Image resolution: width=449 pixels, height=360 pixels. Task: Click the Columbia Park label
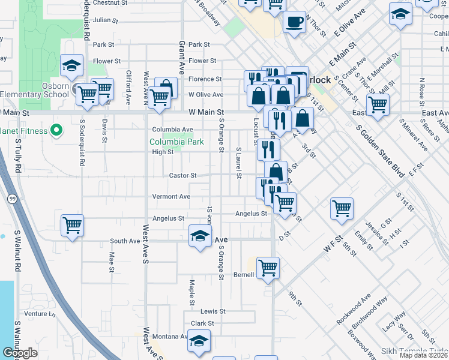176,142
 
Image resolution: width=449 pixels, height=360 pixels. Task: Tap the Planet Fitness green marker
56,130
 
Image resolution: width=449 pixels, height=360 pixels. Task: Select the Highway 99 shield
12,198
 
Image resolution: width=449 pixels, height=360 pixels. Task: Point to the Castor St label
183,175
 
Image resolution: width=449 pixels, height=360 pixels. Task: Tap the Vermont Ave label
171,196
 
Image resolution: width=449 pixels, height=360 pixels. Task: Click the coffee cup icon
294,23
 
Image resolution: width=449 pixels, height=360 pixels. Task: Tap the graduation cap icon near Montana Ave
197,341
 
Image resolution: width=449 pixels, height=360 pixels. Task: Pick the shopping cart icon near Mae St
72,226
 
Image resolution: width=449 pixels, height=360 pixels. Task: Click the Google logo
20,353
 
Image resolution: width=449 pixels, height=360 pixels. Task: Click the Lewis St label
212,311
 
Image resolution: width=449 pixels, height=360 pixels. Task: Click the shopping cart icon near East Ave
378,104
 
